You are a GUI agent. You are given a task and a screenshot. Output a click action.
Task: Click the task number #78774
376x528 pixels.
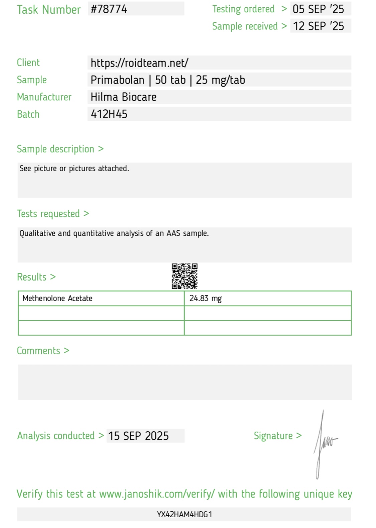point(109,9)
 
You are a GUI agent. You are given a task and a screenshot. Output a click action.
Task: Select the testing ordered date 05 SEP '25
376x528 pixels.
point(318,9)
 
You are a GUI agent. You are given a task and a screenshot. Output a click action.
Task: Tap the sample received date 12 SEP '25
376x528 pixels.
point(318,26)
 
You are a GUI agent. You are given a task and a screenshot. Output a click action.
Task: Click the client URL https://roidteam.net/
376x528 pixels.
point(139,63)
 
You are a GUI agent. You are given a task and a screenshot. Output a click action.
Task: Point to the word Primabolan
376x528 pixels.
point(117,80)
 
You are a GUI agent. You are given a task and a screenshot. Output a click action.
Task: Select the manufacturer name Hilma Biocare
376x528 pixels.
point(123,97)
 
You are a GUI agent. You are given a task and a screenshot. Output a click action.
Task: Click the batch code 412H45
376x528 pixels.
point(109,114)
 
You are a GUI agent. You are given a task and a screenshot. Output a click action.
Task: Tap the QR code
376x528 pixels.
point(184,276)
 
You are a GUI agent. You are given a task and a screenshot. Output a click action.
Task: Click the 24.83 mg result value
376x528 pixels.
point(206,298)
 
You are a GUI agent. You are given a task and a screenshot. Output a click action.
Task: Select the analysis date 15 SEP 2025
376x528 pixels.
point(138,436)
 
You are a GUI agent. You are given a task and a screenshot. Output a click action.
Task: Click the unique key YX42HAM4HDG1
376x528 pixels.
point(184,514)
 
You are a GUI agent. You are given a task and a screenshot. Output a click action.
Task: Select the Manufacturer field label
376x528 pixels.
point(44,97)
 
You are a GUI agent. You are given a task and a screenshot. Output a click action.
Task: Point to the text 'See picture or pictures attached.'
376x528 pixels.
point(74,168)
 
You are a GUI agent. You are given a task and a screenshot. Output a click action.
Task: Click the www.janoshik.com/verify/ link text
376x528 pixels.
point(157,494)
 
